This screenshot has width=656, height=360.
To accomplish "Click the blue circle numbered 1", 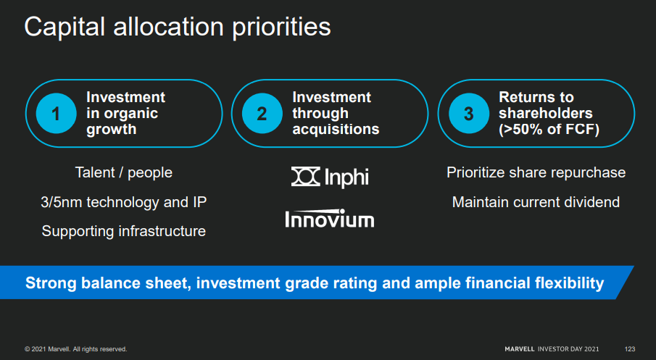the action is (56, 113).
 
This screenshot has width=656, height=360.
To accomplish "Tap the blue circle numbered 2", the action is (262, 113).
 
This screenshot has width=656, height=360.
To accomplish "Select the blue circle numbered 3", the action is (468, 113).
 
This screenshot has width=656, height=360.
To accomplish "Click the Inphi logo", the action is (330, 177).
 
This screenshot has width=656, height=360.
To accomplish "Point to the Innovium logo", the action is (330, 219).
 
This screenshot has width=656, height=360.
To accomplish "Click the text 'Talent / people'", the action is (124, 172).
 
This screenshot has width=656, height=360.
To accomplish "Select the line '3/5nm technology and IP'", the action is (124, 202).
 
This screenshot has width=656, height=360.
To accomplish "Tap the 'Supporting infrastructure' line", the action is (124, 231).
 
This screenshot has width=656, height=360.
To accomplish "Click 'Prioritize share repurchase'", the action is (536, 172).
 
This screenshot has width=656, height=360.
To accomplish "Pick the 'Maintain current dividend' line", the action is (536, 202).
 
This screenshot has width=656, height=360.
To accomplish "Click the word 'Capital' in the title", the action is (65, 28).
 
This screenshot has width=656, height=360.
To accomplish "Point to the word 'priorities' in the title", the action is (281, 28).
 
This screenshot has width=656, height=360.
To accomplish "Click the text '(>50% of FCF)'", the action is (549, 130).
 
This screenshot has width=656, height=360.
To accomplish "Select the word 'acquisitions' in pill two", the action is (336, 130).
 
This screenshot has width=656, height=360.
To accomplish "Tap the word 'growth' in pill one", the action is (112, 130).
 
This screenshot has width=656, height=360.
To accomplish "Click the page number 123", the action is (630, 349).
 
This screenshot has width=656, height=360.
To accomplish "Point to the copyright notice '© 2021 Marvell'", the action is (47, 349).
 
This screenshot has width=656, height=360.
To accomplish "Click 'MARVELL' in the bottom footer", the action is (520, 349).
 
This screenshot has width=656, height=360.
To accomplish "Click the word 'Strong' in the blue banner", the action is (51, 283).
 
